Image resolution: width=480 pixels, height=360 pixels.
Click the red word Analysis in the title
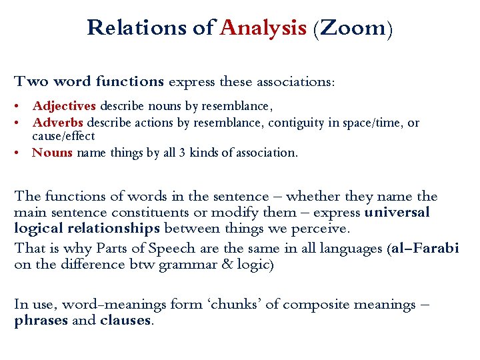pos(263,28)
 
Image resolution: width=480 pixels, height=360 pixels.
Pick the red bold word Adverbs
pos(58,123)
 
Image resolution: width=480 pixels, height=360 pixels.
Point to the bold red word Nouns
pos(53,153)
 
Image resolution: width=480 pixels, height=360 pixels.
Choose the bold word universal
pos(397,213)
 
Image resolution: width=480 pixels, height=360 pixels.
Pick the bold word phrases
pos(40,320)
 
